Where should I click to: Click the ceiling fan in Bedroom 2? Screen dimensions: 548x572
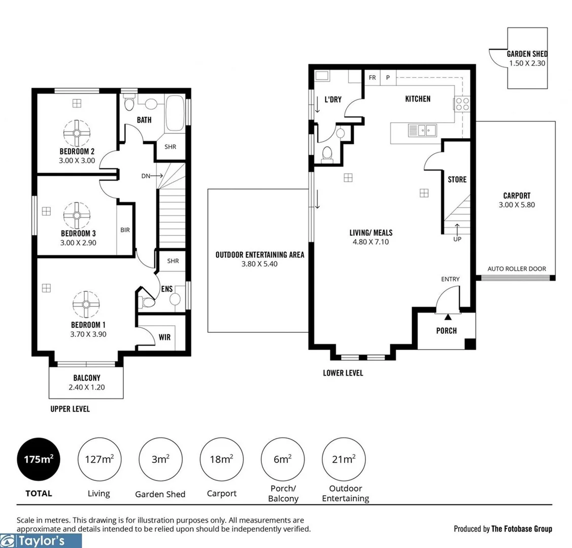point(77,133)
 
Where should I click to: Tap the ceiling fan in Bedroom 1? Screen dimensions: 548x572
point(85,304)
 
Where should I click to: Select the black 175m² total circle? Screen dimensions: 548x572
point(39,459)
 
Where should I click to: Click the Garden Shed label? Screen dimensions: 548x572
point(527,54)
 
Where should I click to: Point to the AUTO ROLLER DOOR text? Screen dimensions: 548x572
point(517,268)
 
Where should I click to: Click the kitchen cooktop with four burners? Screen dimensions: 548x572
point(462,104)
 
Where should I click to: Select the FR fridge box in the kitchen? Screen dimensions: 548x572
point(373,78)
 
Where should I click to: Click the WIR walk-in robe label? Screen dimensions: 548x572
point(164,337)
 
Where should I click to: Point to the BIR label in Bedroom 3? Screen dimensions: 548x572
point(125,230)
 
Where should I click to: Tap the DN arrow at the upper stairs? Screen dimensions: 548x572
point(151,176)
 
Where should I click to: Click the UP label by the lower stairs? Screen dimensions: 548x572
point(457,238)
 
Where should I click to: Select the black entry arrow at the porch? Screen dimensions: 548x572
point(448,318)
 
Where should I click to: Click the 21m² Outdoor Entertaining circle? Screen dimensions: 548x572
point(344,459)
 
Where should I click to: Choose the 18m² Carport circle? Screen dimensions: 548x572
point(221,459)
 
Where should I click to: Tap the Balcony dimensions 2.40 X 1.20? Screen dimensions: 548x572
point(86,387)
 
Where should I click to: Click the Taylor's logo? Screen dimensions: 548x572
point(41,540)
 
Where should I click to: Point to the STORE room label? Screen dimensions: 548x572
point(457,179)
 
